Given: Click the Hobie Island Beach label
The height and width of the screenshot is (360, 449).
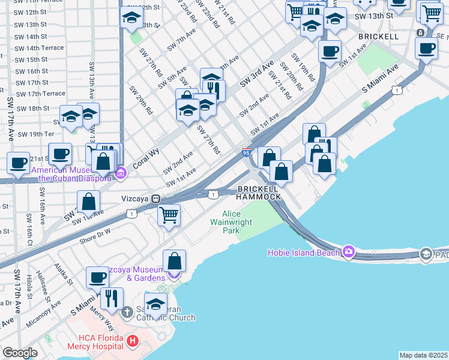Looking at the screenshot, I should point(303,253).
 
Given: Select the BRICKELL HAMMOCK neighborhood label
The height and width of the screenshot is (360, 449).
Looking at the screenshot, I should point(258,193).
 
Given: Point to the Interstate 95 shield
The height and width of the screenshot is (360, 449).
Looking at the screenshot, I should point(246,152).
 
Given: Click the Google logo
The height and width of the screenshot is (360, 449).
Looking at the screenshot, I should point(20,353).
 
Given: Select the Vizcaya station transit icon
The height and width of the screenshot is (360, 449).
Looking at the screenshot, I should point(155,198).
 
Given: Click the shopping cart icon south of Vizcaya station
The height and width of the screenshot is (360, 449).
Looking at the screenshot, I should point(169,214).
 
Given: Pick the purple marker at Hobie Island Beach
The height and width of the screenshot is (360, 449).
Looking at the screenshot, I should point(348,251).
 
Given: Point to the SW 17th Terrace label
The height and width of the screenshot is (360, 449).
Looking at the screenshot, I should point(41,94).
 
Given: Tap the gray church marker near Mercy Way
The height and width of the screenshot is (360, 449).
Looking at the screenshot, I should point(127,312).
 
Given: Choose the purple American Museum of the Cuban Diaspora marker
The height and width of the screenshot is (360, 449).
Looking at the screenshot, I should point(121,174).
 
